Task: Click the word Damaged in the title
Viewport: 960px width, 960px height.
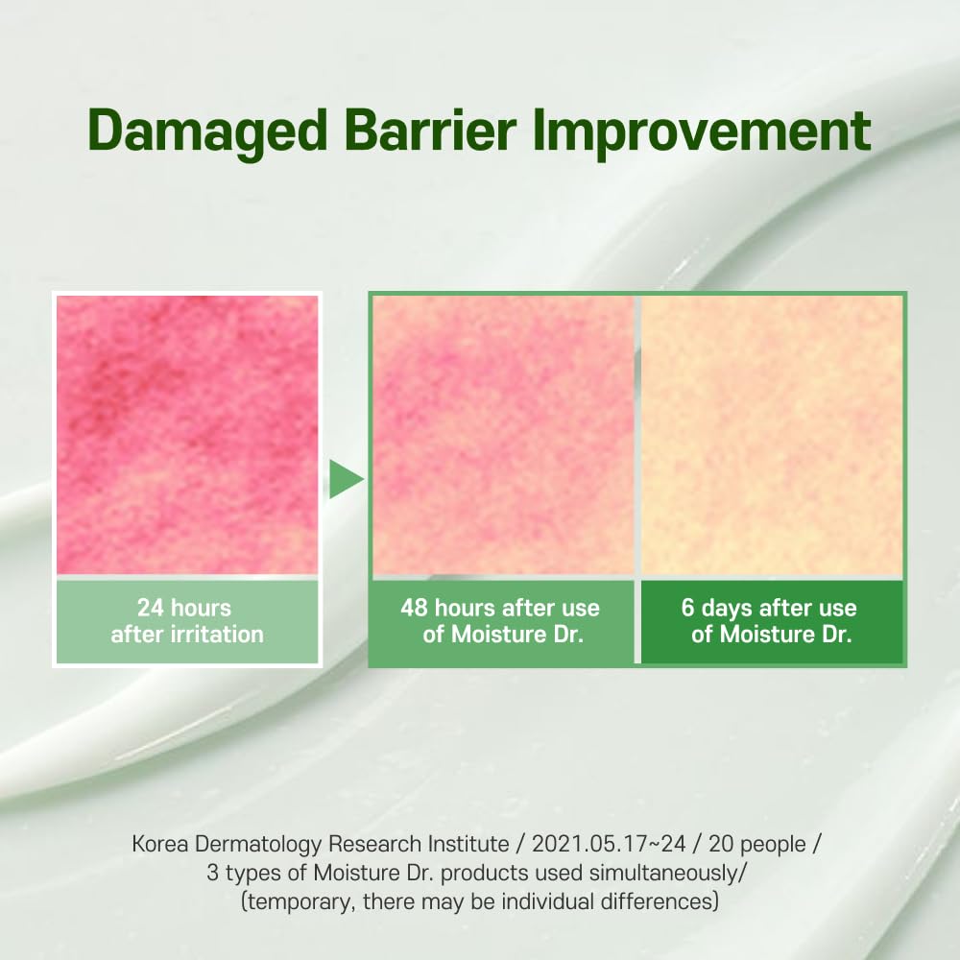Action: tap(207, 131)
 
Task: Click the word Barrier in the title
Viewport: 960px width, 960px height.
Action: tap(430, 130)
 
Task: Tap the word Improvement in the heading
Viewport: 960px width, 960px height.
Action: tap(702, 131)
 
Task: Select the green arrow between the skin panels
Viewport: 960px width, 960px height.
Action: tap(346, 479)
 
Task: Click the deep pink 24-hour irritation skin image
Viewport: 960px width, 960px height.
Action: tap(187, 435)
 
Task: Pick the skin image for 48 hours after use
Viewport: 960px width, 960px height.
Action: tap(503, 435)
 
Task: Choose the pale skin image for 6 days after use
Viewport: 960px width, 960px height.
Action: tap(772, 435)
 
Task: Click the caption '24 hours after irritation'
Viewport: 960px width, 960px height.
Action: tap(187, 621)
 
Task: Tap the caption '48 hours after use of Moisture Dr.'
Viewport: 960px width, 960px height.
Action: tap(501, 621)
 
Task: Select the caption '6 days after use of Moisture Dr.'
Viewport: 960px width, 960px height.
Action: tap(770, 621)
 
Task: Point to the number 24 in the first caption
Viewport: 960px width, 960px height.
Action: tap(150, 608)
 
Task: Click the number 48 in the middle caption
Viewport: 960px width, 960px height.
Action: tap(415, 608)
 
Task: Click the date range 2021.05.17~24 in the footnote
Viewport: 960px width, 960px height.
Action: tap(609, 844)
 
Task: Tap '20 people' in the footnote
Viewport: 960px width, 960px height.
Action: tap(757, 845)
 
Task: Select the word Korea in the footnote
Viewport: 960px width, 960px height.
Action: tap(161, 844)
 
